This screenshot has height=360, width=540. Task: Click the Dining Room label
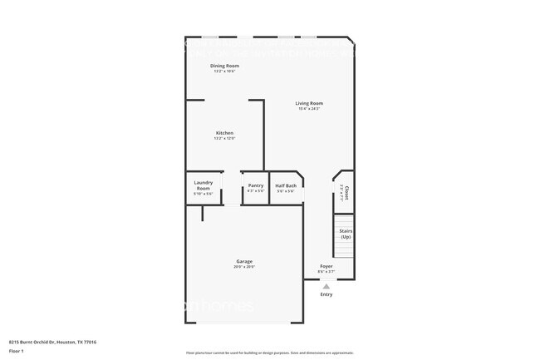[x=224, y=66]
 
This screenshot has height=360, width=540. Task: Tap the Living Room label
[x=309, y=103]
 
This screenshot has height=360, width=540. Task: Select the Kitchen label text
[x=224, y=133]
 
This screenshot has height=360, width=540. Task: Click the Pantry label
[x=256, y=185]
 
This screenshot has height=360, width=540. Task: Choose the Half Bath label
[x=286, y=185]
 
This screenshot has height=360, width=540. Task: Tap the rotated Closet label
[x=346, y=192]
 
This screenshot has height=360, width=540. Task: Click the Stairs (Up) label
[x=346, y=234]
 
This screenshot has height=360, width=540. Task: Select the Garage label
[x=244, y=261]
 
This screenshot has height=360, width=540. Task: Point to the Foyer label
[x=326, y=266]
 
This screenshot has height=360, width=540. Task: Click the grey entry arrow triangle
[x=326, y=286]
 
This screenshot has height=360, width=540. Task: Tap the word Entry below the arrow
[x=326, y=294]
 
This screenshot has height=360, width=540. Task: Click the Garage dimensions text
[x=244, y=267]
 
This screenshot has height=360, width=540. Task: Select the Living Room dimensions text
[x=309, y=109]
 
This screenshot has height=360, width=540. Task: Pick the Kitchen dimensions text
[x=224, y=139]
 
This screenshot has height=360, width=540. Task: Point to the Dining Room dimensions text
[x=224, y=72]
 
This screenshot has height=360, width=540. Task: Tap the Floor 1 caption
[x=17, y=352]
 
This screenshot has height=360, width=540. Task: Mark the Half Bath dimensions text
[x=286, y=191]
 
